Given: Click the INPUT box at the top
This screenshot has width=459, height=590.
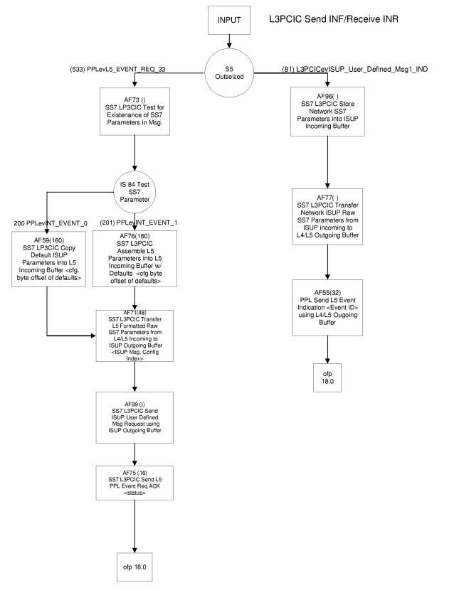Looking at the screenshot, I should pos(229,20).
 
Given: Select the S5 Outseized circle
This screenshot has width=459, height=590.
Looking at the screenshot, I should pos(229,71).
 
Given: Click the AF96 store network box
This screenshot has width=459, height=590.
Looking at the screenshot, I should pos(327,111).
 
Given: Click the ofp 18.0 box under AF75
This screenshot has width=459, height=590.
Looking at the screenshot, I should pos(135,568).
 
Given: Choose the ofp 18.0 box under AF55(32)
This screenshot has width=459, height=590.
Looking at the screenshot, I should pos(327,377).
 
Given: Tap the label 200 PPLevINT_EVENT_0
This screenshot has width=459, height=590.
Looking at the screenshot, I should pos(51,223).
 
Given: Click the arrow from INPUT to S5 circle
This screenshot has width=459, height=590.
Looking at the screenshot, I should pos(229,42).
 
